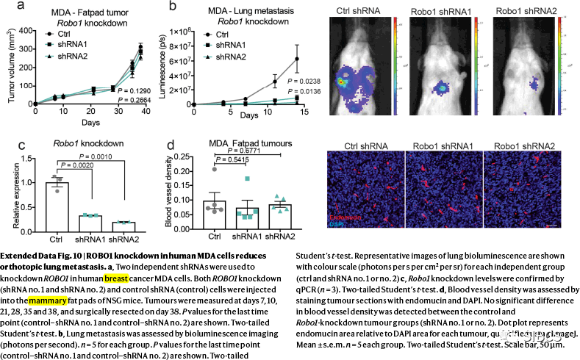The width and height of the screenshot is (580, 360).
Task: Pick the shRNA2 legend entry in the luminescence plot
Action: click(230, 57)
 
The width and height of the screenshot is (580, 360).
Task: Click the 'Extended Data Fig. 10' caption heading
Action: click(41, 256)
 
